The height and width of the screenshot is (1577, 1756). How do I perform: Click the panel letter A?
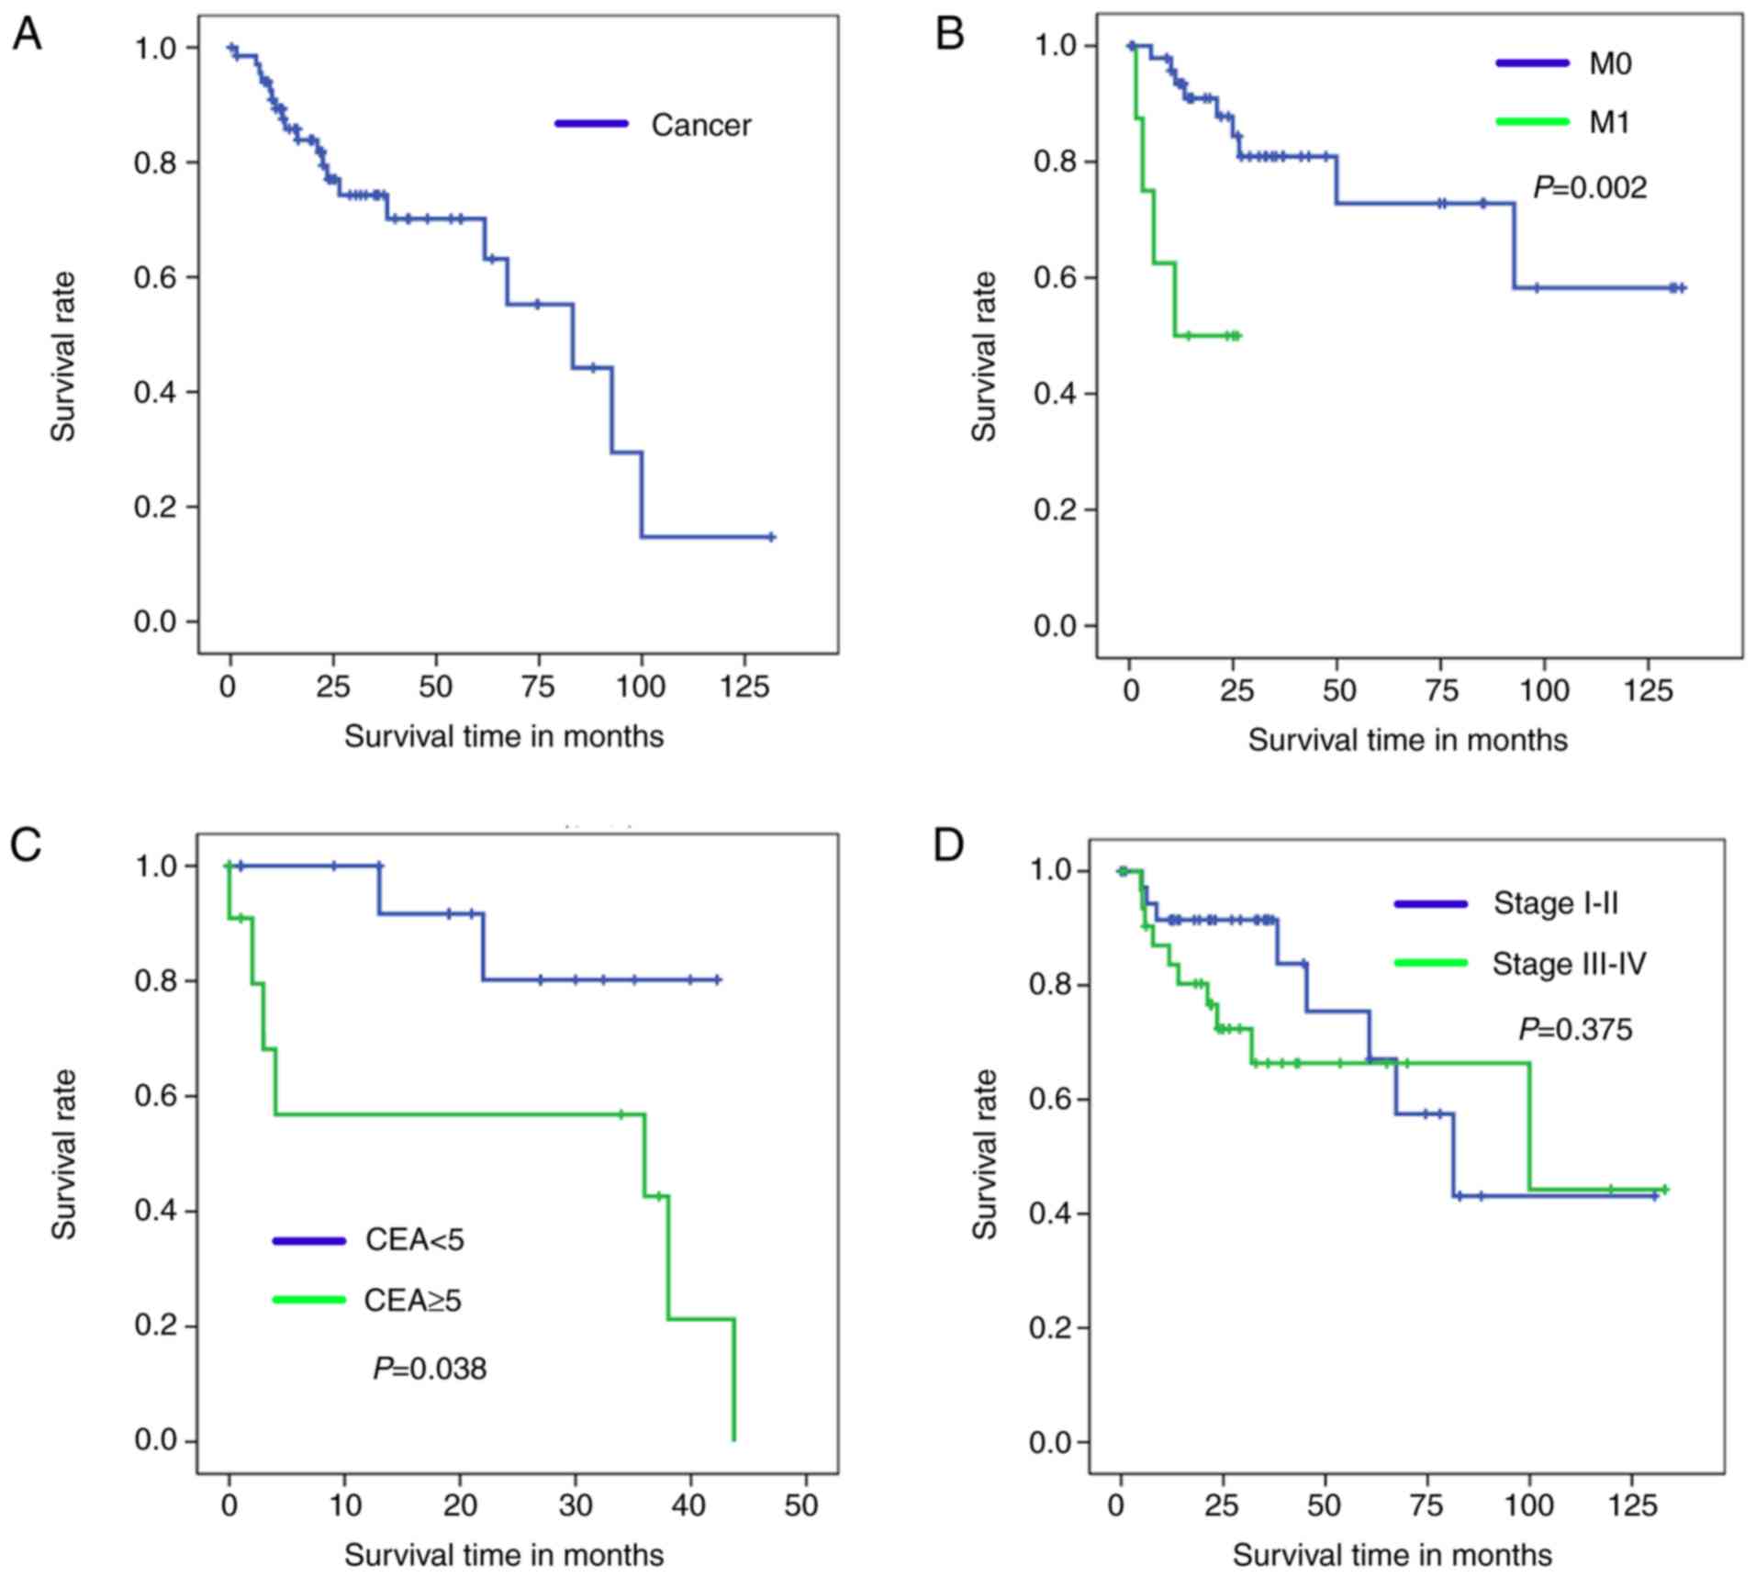click(27, 36)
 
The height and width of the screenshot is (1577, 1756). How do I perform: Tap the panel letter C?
click(27, 844)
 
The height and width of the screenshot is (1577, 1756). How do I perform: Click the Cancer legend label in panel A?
click(700, 125)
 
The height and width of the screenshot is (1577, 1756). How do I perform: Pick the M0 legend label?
click(1610, 63)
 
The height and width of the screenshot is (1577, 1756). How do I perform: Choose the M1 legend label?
click(1609, 122)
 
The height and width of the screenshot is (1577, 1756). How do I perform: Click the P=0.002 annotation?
click(1590, 188)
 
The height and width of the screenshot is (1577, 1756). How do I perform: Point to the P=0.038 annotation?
click(430, 1369)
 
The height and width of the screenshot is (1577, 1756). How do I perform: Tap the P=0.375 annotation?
click(1575, 1029)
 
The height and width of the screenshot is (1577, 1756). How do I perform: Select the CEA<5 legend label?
click(415, 1240)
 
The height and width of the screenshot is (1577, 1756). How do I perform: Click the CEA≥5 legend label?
click(413, 1300)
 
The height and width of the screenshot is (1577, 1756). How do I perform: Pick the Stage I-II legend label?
click(1555, 903)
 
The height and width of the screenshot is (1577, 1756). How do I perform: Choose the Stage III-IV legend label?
click(1569, 964)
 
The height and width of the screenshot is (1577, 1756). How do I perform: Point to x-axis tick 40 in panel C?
click(689, 1505)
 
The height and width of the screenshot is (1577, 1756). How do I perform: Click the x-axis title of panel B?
click(1407, 740)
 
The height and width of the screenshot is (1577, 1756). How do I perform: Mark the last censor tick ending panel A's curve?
click(771, 537)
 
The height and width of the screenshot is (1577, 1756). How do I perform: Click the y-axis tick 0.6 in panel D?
click(1049, 1100)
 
